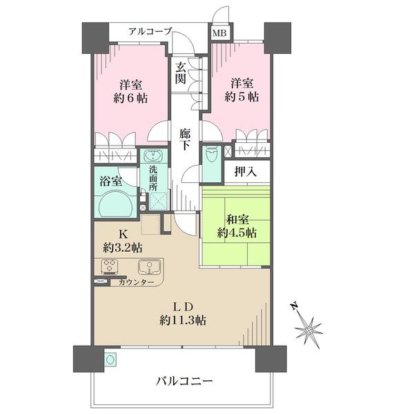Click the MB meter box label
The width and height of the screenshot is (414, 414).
point(219,33)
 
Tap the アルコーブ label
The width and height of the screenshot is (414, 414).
point(150,32)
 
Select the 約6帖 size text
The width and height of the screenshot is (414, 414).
point(130,99)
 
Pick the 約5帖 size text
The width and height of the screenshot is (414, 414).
point(242,97)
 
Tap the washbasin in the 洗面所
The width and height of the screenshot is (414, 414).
point(153,155)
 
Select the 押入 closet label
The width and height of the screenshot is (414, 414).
point(246,172)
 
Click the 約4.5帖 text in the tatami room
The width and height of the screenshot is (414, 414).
point(237,233)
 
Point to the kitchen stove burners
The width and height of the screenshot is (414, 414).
point(110,266)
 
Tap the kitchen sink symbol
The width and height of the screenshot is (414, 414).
point(149,266)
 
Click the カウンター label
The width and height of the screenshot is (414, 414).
point(136,282)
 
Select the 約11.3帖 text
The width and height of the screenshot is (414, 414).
point(183,321)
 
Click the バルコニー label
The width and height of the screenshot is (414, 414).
point(184,382)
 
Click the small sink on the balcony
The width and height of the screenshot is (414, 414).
point(110,359)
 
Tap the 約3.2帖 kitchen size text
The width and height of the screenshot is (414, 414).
point(123,248)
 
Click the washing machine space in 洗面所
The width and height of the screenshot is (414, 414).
point(158,201)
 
